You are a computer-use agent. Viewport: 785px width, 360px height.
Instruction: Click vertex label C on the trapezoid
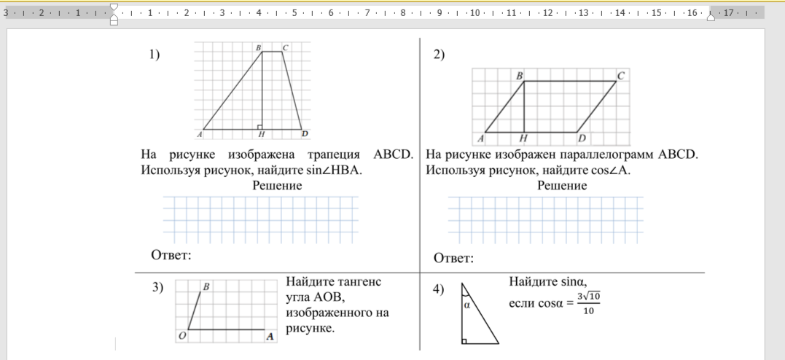286,48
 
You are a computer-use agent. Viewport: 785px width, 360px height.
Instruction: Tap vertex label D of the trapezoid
305,134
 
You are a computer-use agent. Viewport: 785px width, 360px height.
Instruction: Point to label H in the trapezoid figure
261,135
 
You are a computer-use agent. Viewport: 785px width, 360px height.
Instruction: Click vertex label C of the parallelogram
620,75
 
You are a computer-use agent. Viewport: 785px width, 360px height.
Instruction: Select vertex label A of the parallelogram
481,138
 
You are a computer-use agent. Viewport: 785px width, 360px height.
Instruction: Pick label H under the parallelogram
523,138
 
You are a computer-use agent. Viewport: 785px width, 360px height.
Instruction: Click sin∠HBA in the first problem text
335,170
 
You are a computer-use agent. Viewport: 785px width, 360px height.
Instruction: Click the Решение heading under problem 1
277,186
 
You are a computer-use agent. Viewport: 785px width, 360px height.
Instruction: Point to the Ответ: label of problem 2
453,258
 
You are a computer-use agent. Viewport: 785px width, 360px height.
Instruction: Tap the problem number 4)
439,289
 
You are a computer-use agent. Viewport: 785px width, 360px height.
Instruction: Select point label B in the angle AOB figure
206,287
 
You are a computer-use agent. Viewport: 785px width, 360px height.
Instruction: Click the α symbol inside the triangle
467,305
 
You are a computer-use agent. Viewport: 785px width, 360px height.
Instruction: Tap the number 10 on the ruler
474,13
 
